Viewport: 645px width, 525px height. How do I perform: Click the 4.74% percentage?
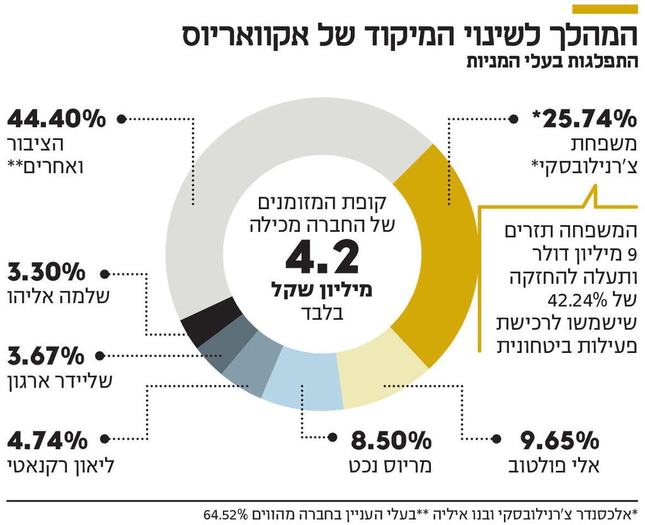47,439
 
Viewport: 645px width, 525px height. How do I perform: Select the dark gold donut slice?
438,252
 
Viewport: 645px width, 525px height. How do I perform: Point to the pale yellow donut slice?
375,372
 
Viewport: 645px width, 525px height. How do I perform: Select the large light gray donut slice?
252,158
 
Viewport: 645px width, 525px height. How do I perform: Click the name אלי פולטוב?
554,466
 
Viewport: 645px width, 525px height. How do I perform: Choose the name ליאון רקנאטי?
60,466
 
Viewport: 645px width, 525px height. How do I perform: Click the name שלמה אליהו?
60,297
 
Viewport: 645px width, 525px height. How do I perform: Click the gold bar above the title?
604,9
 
